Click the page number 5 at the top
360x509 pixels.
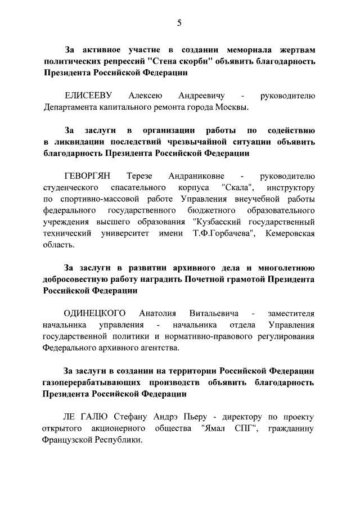(179, 23)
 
